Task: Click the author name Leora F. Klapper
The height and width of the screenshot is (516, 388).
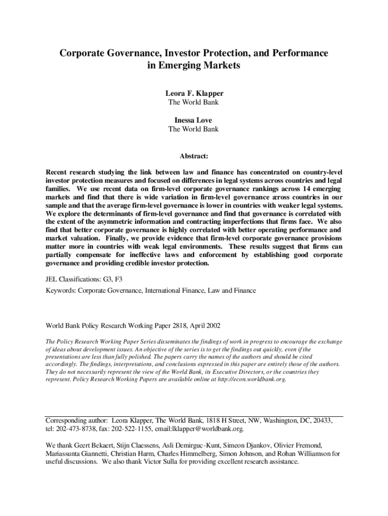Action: point(194,94)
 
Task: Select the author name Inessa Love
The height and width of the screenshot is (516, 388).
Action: point(194,120)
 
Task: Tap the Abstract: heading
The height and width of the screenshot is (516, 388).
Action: point(194,157)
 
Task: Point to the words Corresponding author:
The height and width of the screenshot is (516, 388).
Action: point(77,420)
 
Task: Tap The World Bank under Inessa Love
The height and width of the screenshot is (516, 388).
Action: point(194,129)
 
